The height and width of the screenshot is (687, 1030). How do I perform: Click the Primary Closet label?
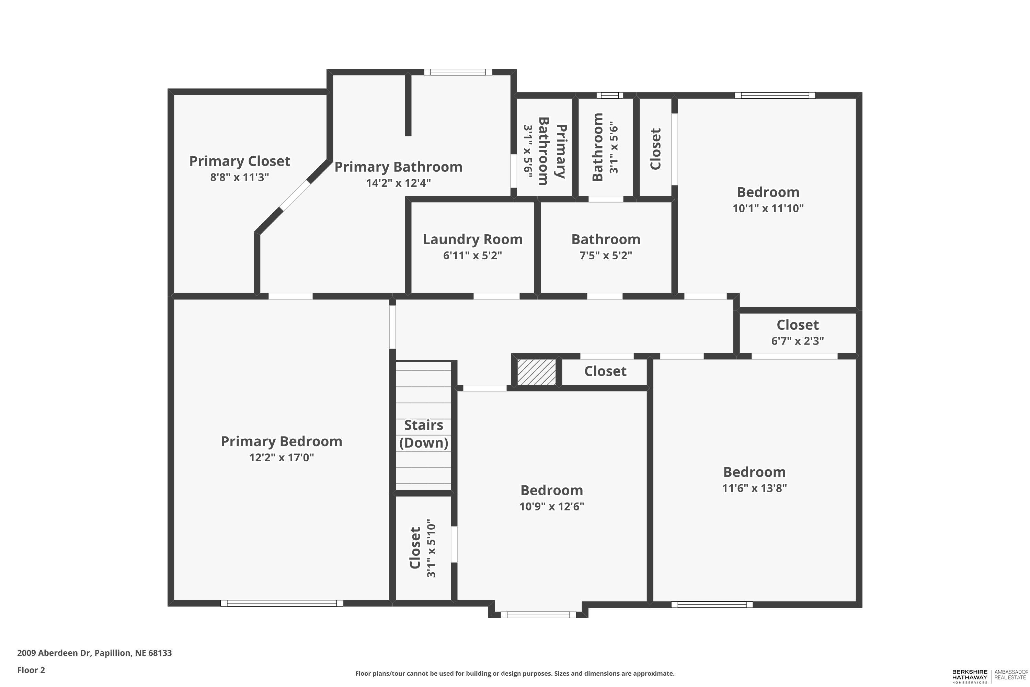click(240, 161)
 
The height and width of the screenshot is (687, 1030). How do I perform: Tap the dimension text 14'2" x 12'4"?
click(399, 183)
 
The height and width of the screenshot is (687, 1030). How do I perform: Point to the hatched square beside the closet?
click(536, 372)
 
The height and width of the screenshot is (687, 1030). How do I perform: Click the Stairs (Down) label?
click(423, 434)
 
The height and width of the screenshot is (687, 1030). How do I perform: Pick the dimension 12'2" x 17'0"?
click(282, 458)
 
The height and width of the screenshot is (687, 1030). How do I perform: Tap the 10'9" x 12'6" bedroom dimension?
click(552, 506)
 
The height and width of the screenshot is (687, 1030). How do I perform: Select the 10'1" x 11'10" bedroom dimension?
click(768, 208)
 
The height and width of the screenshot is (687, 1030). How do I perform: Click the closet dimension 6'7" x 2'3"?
click(798, 341)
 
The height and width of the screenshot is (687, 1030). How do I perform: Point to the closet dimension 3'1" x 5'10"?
click(431, 549)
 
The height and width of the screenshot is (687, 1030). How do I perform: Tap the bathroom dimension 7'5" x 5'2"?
click(606, 256)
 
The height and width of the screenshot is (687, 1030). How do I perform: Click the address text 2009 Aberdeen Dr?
click(54, 653)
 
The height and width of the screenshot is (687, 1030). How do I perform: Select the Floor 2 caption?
click(31, 670)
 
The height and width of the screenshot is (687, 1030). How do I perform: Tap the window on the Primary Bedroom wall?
click(282, 603)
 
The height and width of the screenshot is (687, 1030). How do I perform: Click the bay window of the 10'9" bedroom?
click(538, 615)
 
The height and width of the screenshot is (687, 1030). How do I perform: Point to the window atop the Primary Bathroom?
click(458, 72)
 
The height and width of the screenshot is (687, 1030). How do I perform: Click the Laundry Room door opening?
click(496, 296)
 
